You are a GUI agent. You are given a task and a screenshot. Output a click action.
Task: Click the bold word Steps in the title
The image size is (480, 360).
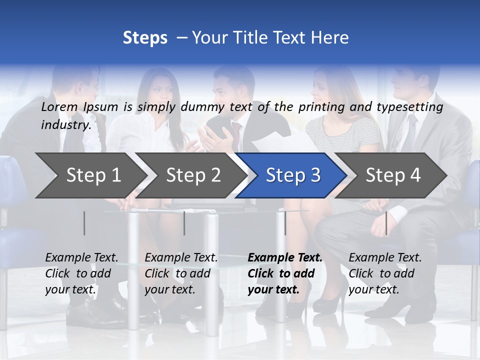point(145,38)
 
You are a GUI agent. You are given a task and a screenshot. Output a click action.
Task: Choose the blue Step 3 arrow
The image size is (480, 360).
point(293,175)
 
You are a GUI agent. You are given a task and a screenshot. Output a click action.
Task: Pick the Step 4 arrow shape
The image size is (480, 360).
point(393,175)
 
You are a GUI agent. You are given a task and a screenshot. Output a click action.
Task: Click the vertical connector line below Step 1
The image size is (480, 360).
point(84,223)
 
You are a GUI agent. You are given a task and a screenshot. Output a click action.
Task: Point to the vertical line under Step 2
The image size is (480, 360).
point(184,223)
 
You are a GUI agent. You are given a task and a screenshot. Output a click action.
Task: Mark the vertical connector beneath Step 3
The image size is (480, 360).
point(285,223)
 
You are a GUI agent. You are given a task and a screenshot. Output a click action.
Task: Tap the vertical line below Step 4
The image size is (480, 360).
point(386,223)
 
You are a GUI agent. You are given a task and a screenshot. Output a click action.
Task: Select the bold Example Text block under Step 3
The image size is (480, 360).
point(285,273)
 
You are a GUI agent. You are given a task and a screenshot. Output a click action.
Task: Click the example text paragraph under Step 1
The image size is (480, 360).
point(81,273)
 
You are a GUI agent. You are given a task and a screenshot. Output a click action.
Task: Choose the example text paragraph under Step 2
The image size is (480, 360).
point(181,273)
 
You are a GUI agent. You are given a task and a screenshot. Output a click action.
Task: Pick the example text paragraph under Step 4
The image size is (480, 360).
point(385,273)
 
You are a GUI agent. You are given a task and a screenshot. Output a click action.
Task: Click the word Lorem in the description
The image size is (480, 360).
point(59,107)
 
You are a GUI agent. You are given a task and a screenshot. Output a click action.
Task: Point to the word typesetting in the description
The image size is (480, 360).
point(414,107)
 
